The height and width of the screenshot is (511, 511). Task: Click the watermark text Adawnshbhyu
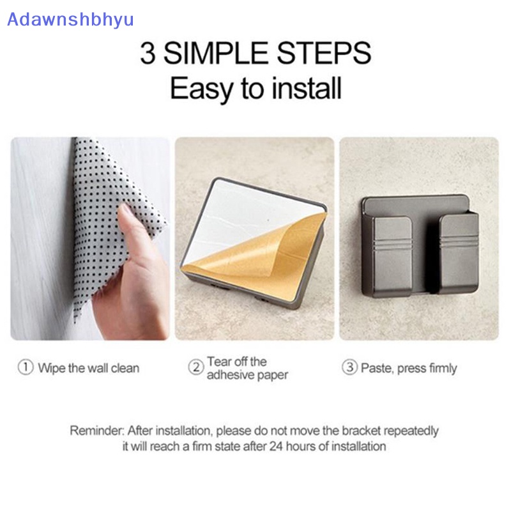coord(70,19)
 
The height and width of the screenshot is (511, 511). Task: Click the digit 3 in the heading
coord(148,53)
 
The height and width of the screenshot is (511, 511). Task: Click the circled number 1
coord(26,368)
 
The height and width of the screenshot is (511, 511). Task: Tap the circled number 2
coord(195,367)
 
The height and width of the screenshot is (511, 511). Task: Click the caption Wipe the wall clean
coord(88,368)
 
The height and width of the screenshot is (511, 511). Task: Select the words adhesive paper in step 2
coord(247,375)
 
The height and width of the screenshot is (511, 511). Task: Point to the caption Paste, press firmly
coord(409,368)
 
